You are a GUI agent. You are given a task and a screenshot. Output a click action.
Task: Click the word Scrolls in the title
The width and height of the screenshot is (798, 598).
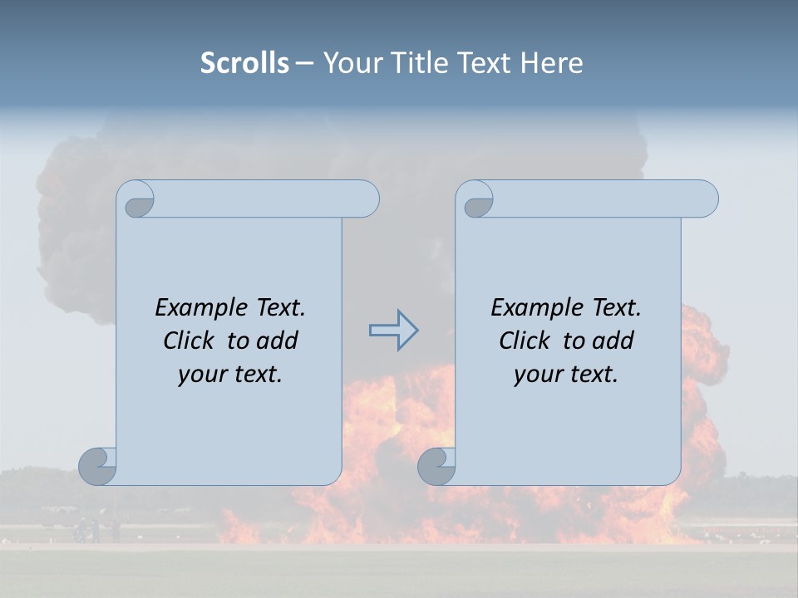point(244,63)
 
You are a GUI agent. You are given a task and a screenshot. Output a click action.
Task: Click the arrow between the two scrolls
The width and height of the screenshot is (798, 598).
point(393,331)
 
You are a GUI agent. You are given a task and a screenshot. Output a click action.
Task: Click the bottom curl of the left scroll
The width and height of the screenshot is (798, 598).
point(98,466)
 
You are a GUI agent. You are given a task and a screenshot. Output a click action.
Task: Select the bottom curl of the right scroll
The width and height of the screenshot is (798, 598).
point(436,466)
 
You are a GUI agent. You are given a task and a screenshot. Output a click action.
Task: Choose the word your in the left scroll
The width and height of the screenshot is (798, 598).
point(200,375)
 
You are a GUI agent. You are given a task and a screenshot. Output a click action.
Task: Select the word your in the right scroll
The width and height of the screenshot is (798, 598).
point(536,375)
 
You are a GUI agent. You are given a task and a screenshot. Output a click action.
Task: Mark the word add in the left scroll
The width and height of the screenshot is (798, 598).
point(277,341)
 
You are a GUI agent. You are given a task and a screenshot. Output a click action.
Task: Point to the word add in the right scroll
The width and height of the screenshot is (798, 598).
point(613,341)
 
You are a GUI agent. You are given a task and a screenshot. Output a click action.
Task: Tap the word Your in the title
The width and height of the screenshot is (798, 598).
point(350,63)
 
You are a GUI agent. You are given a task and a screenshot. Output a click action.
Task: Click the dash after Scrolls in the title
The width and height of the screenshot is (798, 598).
point(304,64)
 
